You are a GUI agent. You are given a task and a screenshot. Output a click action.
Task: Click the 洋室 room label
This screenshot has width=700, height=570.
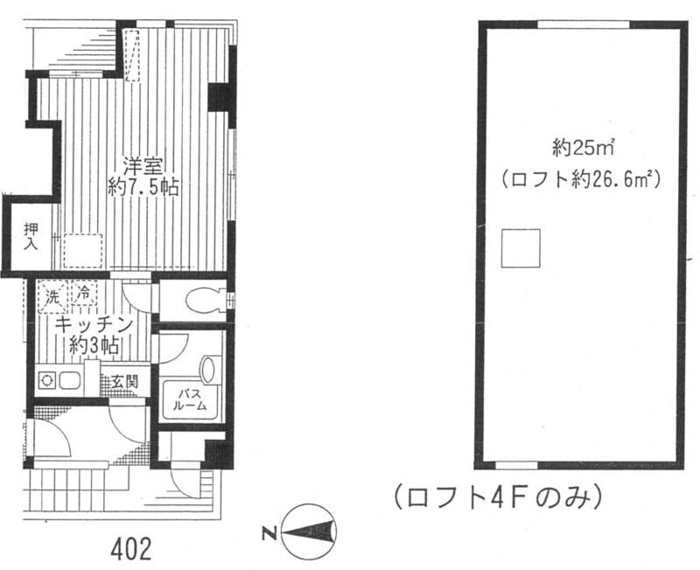click(x=143, y=167)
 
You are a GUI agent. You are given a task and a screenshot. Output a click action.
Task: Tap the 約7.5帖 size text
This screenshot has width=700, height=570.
click(x=143, y=188)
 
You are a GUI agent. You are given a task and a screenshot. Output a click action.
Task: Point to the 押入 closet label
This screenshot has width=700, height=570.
click(x=31, y=237)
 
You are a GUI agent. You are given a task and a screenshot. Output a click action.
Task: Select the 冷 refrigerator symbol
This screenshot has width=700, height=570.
click(x=83, y=294)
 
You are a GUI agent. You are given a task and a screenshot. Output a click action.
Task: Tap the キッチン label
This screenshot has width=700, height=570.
click(x=94, y=324)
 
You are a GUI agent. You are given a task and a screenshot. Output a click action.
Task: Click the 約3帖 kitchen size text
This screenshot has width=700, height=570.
click(x=94, y=344)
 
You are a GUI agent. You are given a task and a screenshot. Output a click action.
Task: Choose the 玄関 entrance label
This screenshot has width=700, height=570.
click(x=124, y=381)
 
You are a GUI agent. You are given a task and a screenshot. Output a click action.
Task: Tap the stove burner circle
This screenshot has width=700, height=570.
click(x=46, y=381)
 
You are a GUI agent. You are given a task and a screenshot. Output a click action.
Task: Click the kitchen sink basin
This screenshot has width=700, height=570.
click(x=70, y=381)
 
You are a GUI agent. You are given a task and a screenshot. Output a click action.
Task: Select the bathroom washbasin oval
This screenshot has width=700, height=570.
click(x=209, y=369)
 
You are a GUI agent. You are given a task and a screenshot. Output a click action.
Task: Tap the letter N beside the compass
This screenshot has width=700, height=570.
click(x=269, y=532)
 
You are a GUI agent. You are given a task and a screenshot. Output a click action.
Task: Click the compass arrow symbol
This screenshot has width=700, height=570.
click(x=309, y=532)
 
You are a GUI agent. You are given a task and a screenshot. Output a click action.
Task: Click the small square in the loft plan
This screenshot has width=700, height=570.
click(x=521, y=248)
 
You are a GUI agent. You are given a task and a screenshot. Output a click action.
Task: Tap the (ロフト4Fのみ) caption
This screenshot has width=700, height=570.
click(x=497, y=497)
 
